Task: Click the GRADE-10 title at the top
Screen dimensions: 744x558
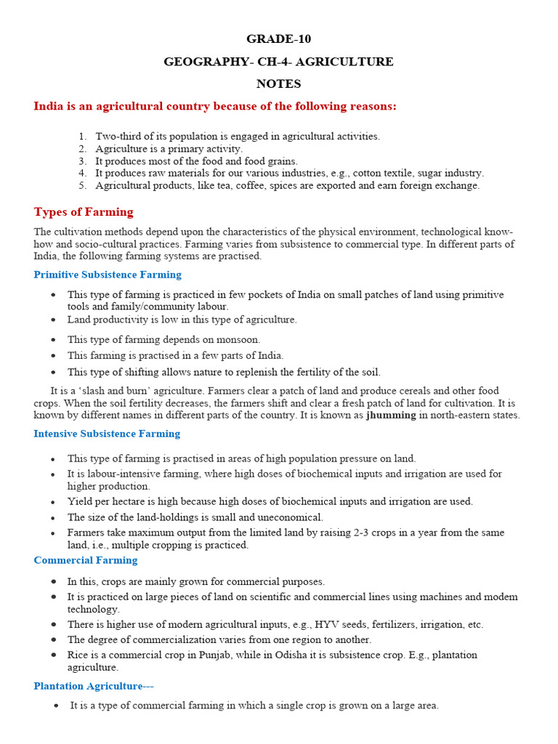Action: click(278, 39)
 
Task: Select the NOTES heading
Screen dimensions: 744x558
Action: click(278, 84)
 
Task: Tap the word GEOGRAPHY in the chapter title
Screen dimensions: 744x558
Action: click(203, 62)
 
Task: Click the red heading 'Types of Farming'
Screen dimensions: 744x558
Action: click(84, 212)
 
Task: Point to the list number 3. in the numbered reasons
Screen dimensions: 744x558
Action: click(83, 161)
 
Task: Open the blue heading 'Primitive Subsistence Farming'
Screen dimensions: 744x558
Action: click(108, 275)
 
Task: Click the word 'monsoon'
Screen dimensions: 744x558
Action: click(238, 339)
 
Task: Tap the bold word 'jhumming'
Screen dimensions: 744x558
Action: click(392, 415)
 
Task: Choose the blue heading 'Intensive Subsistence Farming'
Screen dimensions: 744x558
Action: click(107, 434)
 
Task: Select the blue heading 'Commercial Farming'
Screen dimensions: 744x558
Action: click(85, 560)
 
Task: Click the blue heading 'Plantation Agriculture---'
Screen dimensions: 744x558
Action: click(94, 686)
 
